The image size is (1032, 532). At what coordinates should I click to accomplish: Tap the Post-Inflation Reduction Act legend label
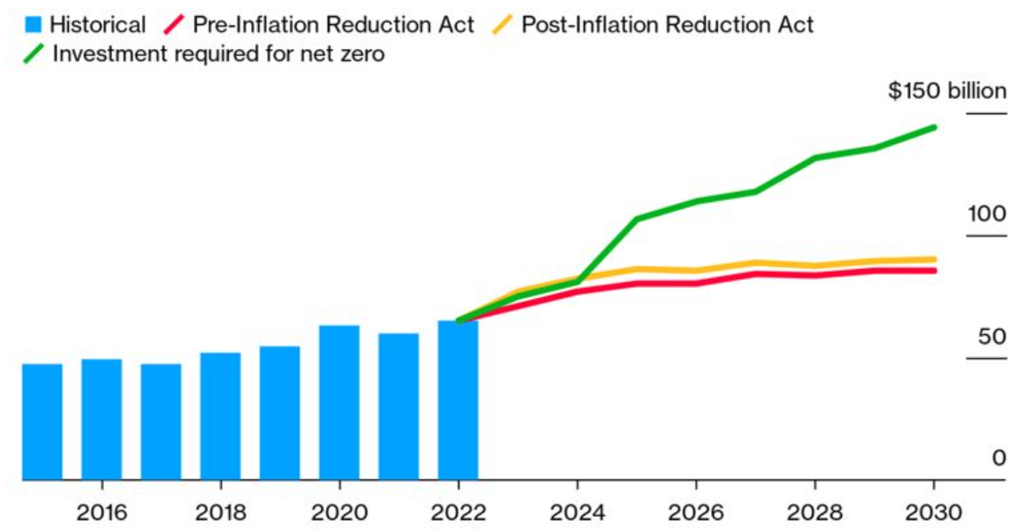667,24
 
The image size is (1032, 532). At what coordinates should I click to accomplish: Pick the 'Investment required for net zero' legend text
219,54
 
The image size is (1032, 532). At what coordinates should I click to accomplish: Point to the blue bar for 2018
220,416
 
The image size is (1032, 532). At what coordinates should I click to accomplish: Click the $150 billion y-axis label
947,92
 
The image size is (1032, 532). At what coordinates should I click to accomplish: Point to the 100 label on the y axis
985,214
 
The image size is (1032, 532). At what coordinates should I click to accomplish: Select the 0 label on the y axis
998,458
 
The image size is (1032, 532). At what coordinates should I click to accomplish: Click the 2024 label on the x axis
577,513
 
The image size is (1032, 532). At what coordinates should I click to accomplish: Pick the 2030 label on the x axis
934,513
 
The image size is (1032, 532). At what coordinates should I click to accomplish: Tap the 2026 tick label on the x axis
696,513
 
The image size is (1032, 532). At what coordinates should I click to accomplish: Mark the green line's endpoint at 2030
934,127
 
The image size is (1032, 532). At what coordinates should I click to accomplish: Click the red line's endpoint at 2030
934,271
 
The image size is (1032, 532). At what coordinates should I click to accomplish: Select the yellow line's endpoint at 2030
934,259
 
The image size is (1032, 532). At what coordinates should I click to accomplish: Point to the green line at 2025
636,219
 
